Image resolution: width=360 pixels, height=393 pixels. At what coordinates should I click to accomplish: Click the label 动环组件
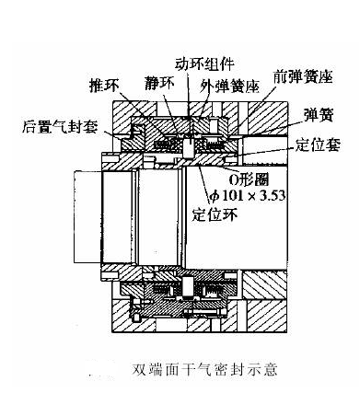204,64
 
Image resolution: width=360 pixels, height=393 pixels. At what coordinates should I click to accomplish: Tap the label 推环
104,86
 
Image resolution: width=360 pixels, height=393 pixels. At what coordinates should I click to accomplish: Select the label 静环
159,84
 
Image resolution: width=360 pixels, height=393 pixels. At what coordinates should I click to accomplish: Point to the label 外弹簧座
229,87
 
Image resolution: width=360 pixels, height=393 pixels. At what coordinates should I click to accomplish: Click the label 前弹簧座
303,76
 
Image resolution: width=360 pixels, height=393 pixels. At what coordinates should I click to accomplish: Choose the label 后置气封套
60,126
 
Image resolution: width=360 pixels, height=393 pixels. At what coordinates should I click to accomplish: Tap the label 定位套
318,144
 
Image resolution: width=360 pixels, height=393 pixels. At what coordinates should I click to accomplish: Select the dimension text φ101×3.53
248,195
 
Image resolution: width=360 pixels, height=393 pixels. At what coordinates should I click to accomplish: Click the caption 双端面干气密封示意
205,369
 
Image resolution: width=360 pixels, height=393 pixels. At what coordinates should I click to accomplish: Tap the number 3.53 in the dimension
273,195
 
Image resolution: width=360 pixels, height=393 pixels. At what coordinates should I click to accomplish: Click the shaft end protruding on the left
87,216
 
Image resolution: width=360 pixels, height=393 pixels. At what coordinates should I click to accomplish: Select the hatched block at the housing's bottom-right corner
267,316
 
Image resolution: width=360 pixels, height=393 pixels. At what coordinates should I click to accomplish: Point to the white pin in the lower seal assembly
188,286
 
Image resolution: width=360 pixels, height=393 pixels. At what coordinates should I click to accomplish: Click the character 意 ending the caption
270,369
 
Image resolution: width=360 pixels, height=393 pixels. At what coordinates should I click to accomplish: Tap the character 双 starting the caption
139,369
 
